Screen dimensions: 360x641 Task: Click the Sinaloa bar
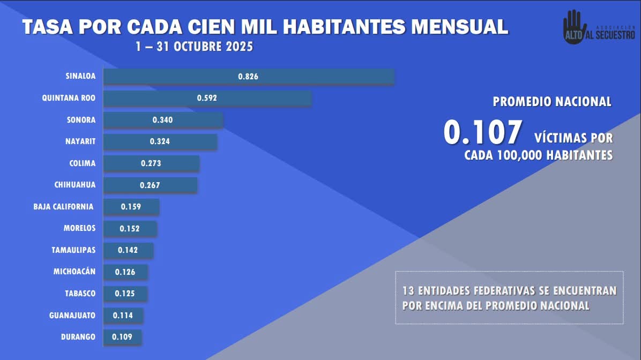click(249, 77)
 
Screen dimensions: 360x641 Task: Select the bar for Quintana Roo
click(207, 98)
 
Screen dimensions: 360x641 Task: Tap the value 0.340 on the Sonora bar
click(162, 120)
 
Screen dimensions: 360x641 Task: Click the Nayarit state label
click(80, 141)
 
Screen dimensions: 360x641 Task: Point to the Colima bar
click(151, 163)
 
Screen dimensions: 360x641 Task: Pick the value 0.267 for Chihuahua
click(150, 185)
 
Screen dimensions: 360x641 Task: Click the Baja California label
click(63, 207)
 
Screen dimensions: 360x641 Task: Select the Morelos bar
click(130, 229)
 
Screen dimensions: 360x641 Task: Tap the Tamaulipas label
click(73, 250)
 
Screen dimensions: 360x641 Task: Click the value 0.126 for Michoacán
click(125, 272)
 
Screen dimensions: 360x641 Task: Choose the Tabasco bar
click(125, 294)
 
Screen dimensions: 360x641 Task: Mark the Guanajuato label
click(72, 316)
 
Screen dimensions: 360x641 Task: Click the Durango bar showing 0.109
click(122, 337)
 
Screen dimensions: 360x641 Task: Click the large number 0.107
click(482, 133)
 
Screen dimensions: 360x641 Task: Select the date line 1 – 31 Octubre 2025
click(194, 47)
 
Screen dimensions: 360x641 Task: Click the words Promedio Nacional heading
click(552, 102)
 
